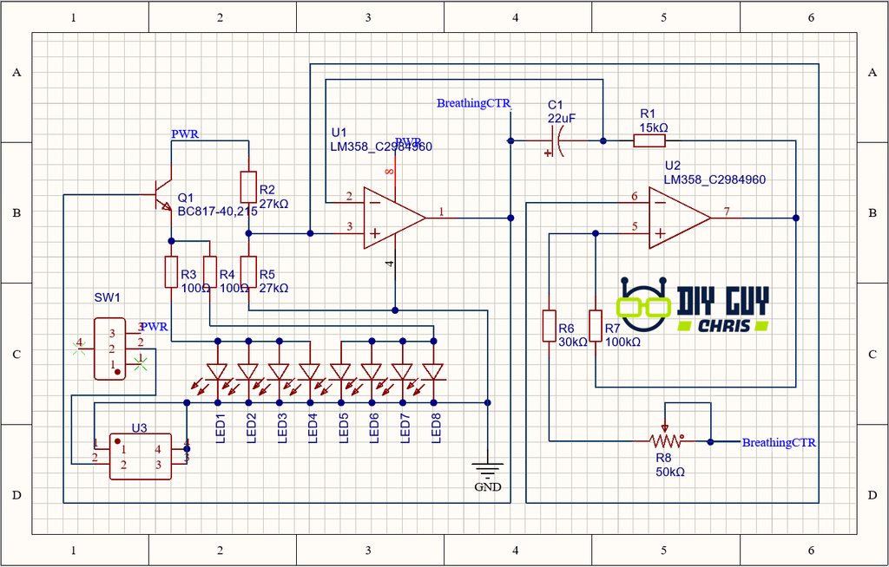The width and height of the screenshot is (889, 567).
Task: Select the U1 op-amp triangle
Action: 393,217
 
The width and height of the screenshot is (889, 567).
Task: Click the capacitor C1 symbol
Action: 556,140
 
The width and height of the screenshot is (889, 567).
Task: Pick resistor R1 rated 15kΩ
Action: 649,140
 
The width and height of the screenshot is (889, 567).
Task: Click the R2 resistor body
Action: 248,186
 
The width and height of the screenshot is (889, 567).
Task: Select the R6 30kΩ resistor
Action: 549,326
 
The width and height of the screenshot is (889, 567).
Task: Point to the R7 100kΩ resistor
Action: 596,326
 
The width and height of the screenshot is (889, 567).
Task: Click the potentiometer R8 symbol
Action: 665,441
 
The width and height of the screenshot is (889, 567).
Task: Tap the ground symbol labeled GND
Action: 488,472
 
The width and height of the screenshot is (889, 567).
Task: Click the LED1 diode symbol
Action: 218,372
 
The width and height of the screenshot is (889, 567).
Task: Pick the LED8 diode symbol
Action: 433,372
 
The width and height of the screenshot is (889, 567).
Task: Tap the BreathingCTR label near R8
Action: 779,443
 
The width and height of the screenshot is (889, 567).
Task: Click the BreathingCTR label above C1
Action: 473,103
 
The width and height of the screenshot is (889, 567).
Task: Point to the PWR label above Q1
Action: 185,134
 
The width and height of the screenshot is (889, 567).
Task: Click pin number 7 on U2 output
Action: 726,212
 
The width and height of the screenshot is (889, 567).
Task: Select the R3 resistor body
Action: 171,272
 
